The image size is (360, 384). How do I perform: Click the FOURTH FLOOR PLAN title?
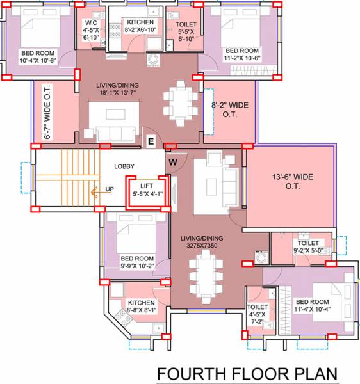(247, 373)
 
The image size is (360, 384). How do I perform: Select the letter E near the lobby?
(151, 141)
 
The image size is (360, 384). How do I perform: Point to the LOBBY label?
(124, 166)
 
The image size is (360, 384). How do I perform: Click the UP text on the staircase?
(110, 189)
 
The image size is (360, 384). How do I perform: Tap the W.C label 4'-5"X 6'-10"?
(90, 31)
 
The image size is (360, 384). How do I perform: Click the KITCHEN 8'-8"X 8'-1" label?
(141, 307)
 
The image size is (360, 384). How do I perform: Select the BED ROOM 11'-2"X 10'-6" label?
(241, 54)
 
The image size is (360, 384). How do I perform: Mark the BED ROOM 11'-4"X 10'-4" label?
(312, 305)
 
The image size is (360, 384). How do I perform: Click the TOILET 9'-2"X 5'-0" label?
(308, 247)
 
